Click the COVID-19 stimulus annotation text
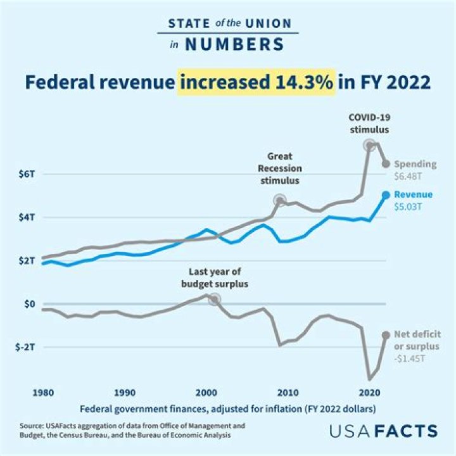coord(369,123)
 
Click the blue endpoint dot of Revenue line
coord(386,194)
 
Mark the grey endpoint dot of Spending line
coord(386,164)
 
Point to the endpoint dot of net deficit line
coord(386,335)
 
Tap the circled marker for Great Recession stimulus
coord(279,200)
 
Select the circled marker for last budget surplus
coord(215,299)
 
